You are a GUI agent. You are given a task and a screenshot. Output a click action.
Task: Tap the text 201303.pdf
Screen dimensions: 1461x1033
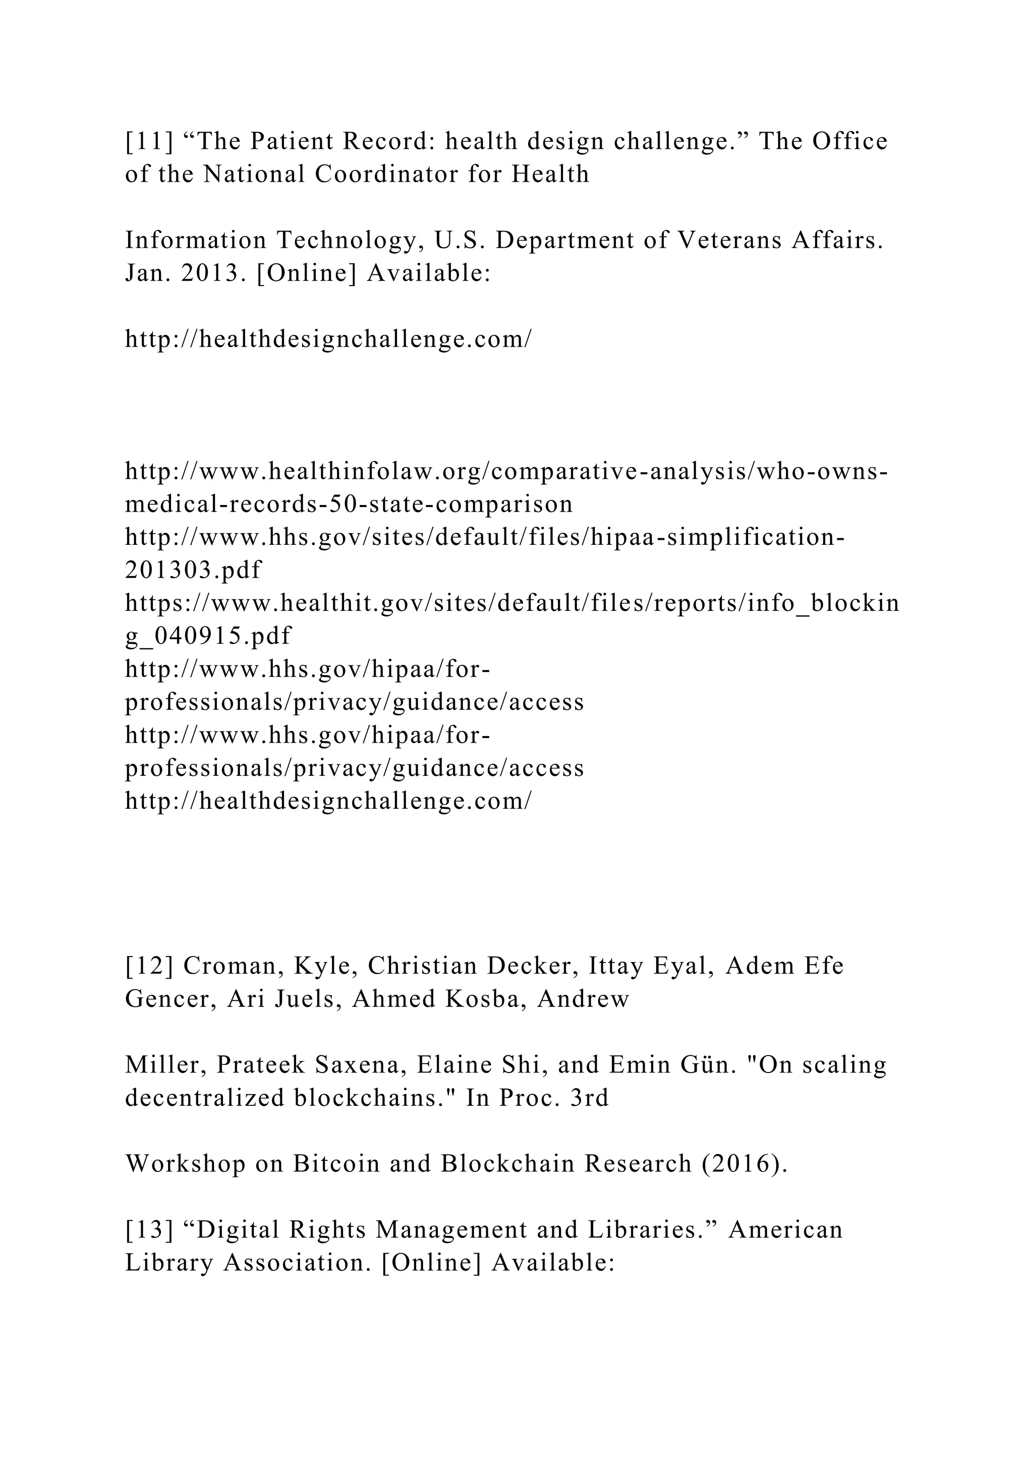tap(193, 570)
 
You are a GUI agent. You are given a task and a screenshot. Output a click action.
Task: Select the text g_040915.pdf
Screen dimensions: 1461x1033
tap(208, 636)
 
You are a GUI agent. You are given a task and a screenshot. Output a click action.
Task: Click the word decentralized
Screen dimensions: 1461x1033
tap(204, 1098)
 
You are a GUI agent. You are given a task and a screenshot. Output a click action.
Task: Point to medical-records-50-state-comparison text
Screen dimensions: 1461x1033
tap(349, 504)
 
